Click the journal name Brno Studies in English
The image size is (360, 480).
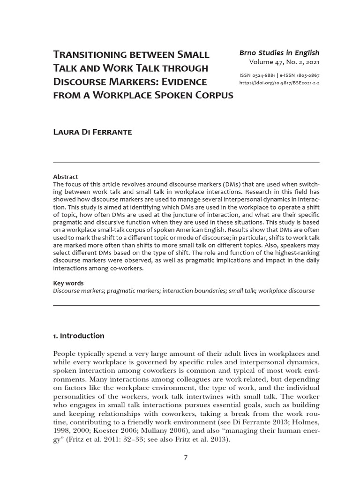tap(279, 52)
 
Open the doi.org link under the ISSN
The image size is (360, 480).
tap(279, 82)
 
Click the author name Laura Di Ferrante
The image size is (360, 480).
tap(93, 132)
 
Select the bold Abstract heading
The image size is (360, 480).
tap(65, 177)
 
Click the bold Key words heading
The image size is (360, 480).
tap(68, 283)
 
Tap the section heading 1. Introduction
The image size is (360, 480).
tap(79, 336)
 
